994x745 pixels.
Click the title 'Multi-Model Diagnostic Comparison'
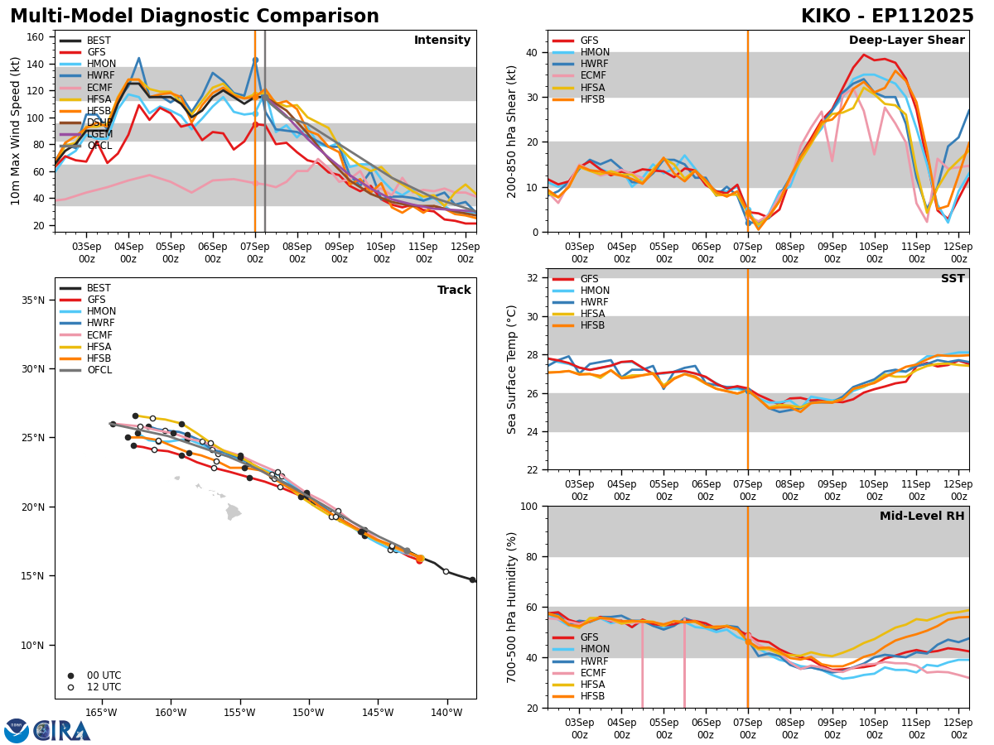[195, 17]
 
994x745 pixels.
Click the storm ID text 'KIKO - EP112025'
[887, 17]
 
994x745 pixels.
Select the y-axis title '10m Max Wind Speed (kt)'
[16, 131]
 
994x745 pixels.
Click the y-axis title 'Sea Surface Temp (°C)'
[512, 369]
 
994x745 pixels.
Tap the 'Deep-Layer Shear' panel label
[906, 41]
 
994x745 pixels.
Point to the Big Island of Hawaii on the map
[234, 512]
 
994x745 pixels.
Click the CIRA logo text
[62, 731]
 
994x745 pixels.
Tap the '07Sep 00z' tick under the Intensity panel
[254, 252]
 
